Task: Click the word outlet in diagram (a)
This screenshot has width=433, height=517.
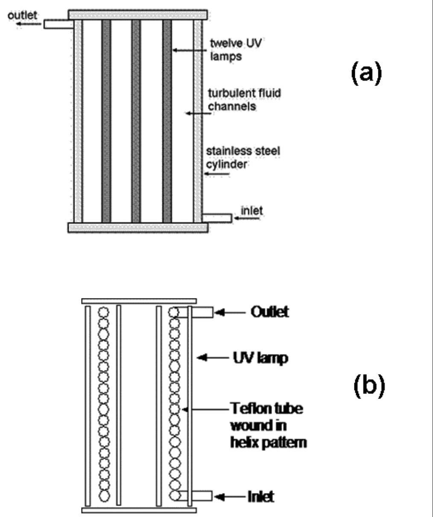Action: click(x=22, y=15)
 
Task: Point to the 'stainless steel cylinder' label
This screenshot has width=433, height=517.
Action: click(x=243, y=157)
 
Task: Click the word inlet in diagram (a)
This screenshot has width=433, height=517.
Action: click(x=252, y=210)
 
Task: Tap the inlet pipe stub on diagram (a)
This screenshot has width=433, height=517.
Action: click(x=217, y=218)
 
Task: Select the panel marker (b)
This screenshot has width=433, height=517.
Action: click(x=369, y=384)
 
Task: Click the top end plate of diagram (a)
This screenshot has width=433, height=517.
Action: click(x=138, y=15)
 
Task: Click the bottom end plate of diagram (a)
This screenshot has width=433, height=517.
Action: click(x=138, y=227)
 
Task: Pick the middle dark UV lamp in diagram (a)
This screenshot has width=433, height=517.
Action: click(x=136, y=121)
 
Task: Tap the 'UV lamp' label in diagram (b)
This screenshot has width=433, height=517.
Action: click(x=260, y=357)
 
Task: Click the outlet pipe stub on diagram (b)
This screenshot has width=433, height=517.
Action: click(x=203, y=313)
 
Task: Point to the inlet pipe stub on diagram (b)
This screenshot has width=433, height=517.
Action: click(x=202, y=496)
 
